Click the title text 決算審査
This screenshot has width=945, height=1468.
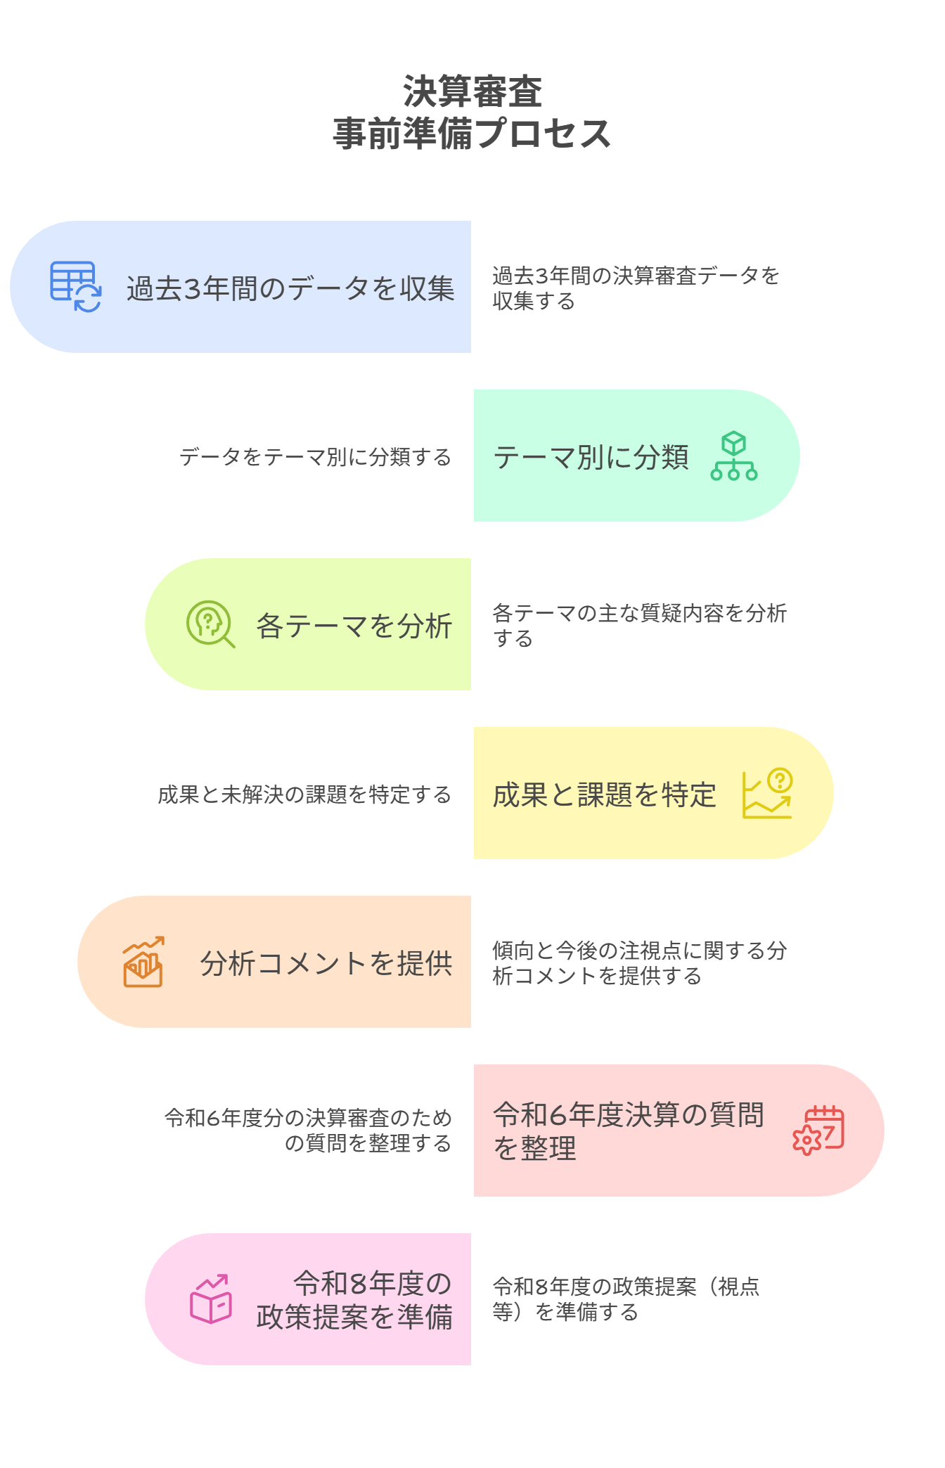(472, 92)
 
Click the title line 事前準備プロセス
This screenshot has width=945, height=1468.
(472, 134)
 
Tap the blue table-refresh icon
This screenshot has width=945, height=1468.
(75, 286)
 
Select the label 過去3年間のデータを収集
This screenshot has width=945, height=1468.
(290, 288)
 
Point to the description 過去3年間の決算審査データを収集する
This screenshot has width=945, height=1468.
(635, 288)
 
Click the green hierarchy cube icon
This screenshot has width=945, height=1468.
(733, 456)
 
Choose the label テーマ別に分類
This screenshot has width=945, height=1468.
(591, 457)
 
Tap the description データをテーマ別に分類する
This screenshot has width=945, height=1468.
(315, 457)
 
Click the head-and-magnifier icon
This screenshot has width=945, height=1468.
(210, 624)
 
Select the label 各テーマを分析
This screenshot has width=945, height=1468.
(354, 626)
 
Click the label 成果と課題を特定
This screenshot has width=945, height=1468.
(604, 794)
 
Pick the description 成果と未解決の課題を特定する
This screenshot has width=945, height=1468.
(304, 794)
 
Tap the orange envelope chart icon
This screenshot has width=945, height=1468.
(143, 962)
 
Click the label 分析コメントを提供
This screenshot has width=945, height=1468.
(326, 963)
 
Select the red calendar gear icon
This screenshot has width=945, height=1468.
(818, 1131)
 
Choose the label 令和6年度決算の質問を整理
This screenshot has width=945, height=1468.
(628, 1131)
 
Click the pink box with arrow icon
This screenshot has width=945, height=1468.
(210, 1299)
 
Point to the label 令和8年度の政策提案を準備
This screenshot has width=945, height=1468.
(354, 1300)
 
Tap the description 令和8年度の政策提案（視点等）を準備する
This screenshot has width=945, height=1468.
(625, 1299)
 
